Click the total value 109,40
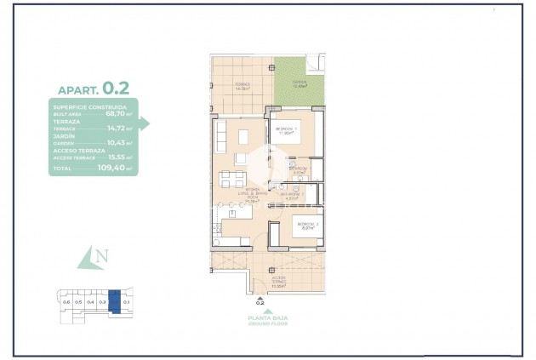tap(112, 169)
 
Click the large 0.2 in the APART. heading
tap(115, 87)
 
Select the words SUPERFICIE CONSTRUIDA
tap(89, 106)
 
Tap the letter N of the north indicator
tap(101, 256)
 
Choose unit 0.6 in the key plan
tap(66, 301)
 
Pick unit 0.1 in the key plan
tap(126, 301)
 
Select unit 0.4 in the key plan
tap(90, 301)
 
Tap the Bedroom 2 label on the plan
tap(307, 225)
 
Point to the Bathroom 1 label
tap(297, 169)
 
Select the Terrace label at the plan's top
tap(242, 85)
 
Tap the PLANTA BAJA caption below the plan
tap(260, 317)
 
